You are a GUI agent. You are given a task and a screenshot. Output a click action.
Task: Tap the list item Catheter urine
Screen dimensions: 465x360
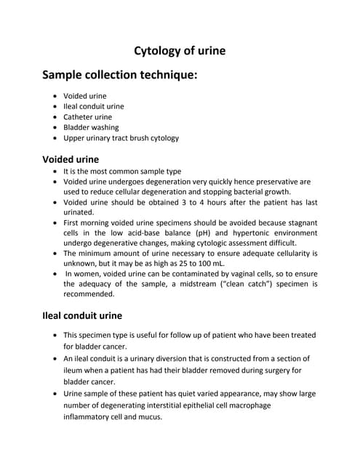click(x=87, y=116)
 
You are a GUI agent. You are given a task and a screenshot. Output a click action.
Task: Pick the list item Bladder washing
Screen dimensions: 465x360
click(x=91, y=127)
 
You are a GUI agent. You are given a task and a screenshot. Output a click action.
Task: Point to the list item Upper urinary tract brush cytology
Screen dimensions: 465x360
click(x=121, y=137)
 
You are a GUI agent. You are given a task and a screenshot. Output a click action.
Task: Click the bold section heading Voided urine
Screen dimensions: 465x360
click(x=71, y=158)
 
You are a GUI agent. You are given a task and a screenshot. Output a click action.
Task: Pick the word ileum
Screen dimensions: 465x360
click(x=76, y=370)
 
